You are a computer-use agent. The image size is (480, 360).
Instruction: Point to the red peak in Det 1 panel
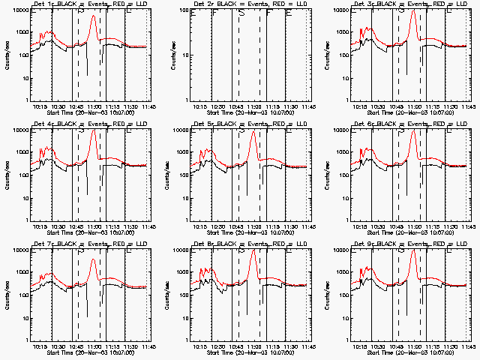click(93, 16)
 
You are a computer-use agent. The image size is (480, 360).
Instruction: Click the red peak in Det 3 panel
click(413, 10)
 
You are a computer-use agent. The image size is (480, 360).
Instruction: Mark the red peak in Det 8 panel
click(253, 250)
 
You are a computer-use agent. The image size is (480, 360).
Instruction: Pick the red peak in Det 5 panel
click(253, 132)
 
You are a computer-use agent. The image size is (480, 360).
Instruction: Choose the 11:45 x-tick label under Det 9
click(468, 347)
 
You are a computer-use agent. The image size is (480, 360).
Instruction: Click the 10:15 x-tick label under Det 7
click(39, 347)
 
